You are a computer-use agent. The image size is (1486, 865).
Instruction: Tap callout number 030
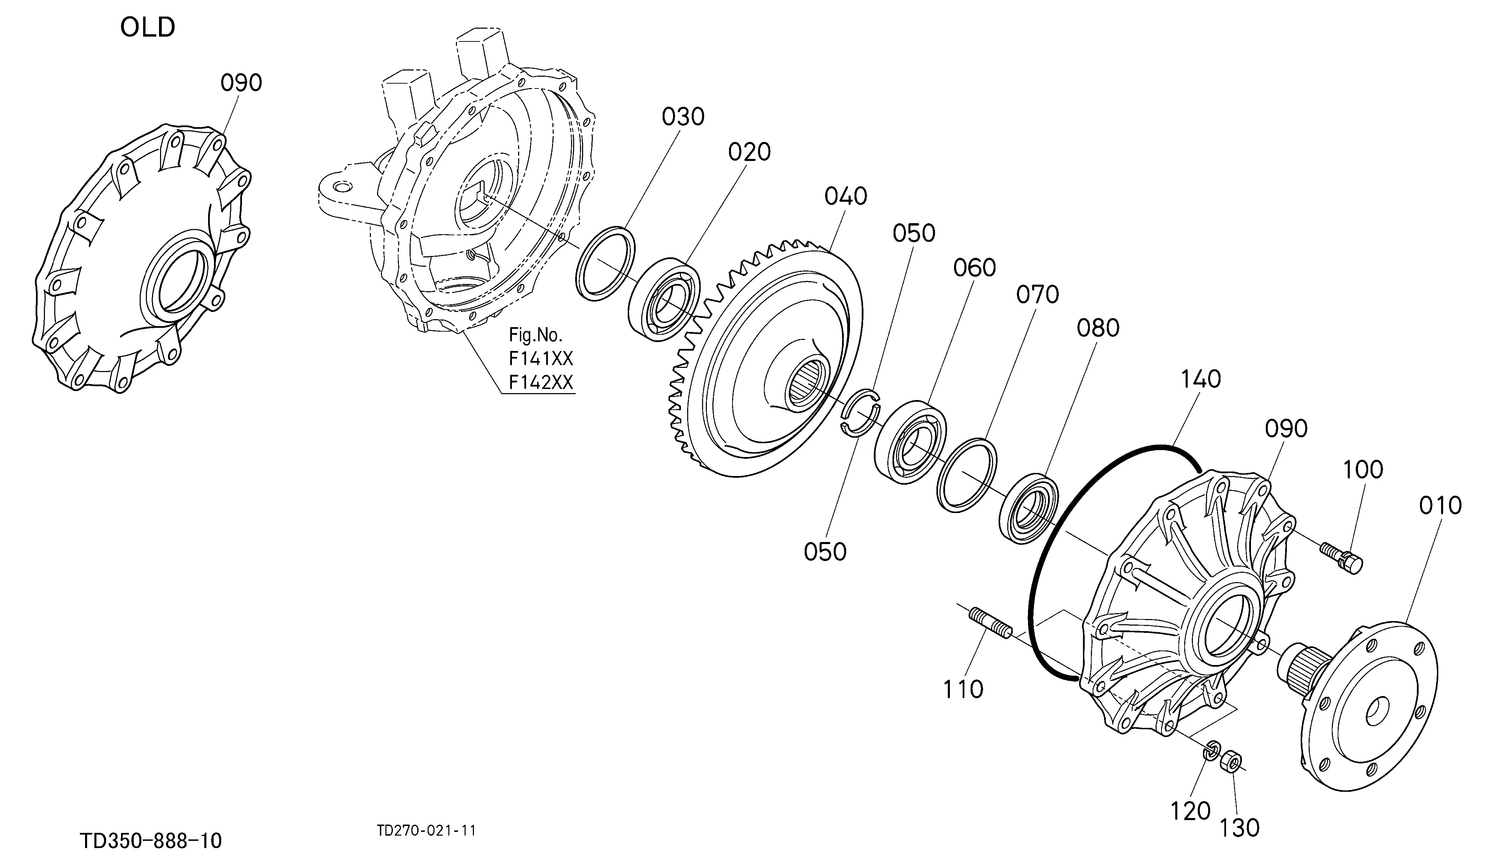coord(683,117)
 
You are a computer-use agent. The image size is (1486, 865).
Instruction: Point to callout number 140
coord(1200,379)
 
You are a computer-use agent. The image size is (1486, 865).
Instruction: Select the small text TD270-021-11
coord(426,831)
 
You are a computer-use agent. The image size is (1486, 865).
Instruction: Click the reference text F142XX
coord(541,383)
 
